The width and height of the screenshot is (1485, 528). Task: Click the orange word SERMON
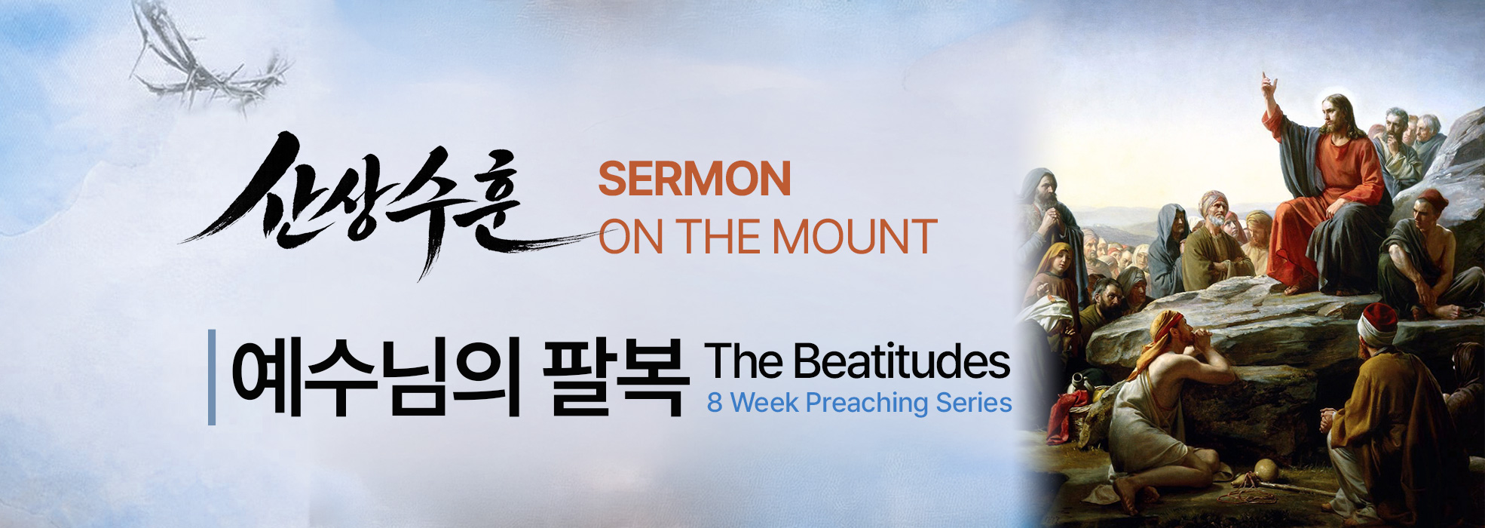[694, 179]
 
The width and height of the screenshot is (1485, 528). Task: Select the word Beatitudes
[902, 361]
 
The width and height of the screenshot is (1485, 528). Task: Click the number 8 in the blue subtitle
[715, 403]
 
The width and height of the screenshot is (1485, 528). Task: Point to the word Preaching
[867, 404]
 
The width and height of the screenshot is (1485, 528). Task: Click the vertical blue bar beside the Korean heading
[212, 377]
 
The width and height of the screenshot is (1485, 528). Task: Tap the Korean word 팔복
[616, 377]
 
